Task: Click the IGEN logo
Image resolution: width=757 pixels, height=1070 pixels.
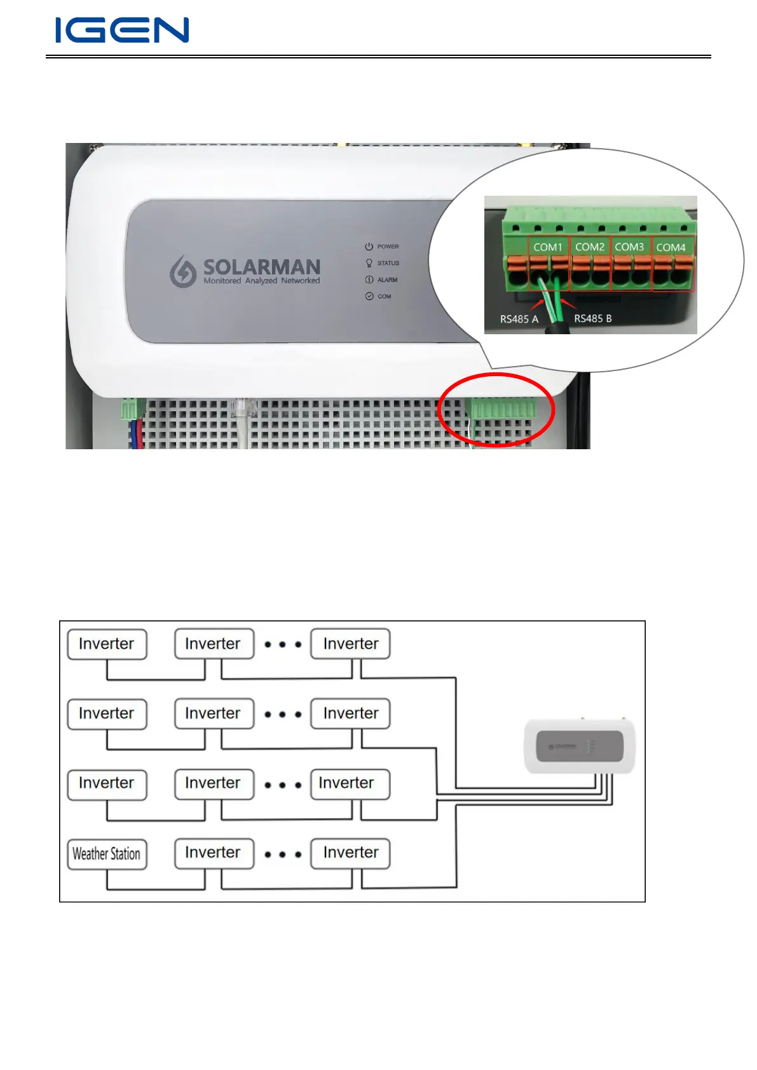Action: tap(122, 30)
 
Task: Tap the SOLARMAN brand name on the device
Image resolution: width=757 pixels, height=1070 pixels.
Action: tap(261, 266)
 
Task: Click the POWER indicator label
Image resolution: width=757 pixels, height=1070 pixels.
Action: tap(388, 247)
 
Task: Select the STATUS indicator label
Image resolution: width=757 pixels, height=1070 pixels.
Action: tap(388, 263)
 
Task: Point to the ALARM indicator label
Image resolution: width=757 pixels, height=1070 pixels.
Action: tap(387, 280)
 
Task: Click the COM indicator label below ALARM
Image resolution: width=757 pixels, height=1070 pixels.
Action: tap(384, 296)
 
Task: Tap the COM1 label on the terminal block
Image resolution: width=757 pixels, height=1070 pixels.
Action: tap(547, 247)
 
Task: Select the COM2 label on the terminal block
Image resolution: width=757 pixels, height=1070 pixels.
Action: tap(589, 247)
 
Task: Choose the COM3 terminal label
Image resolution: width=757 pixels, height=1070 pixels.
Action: tap(629, 247)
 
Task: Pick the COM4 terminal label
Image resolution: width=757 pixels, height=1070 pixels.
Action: tap(671, 247)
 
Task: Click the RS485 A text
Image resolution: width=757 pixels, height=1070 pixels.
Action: tap(519, 319)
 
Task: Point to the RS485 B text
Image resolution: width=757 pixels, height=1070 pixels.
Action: tap(593, 318)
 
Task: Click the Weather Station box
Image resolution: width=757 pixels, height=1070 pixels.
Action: tap(107, 854)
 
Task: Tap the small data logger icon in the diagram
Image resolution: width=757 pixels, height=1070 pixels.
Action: tap(579, 746)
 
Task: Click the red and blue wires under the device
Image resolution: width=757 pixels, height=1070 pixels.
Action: tap(136, 435)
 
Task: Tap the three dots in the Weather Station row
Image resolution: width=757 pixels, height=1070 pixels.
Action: tap(282, 855)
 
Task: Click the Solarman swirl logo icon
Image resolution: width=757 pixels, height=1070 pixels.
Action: tap(182, 271)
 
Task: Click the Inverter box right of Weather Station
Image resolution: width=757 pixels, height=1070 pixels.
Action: tap(214, 853)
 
